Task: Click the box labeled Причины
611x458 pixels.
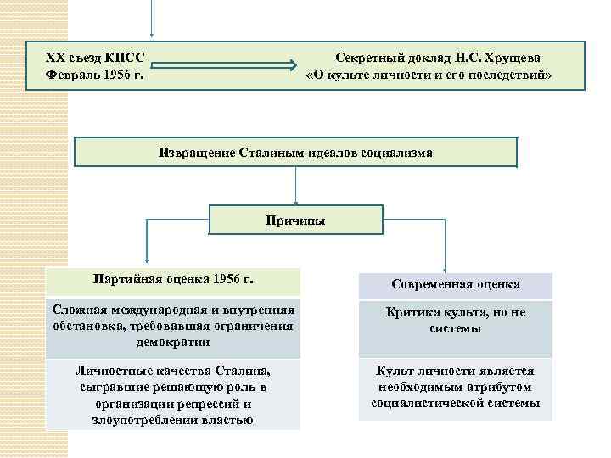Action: point(295,220)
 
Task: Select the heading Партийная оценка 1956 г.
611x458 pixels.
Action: point(173,279)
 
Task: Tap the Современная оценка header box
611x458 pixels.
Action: point(455,284)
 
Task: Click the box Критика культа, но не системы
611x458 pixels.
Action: point(455,321)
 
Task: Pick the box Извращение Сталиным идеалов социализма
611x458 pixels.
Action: point(295,153)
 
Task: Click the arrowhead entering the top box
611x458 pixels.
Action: point(152,35)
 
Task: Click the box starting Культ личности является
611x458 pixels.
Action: point(455,388)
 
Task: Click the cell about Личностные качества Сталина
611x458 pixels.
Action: point(173,394)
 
